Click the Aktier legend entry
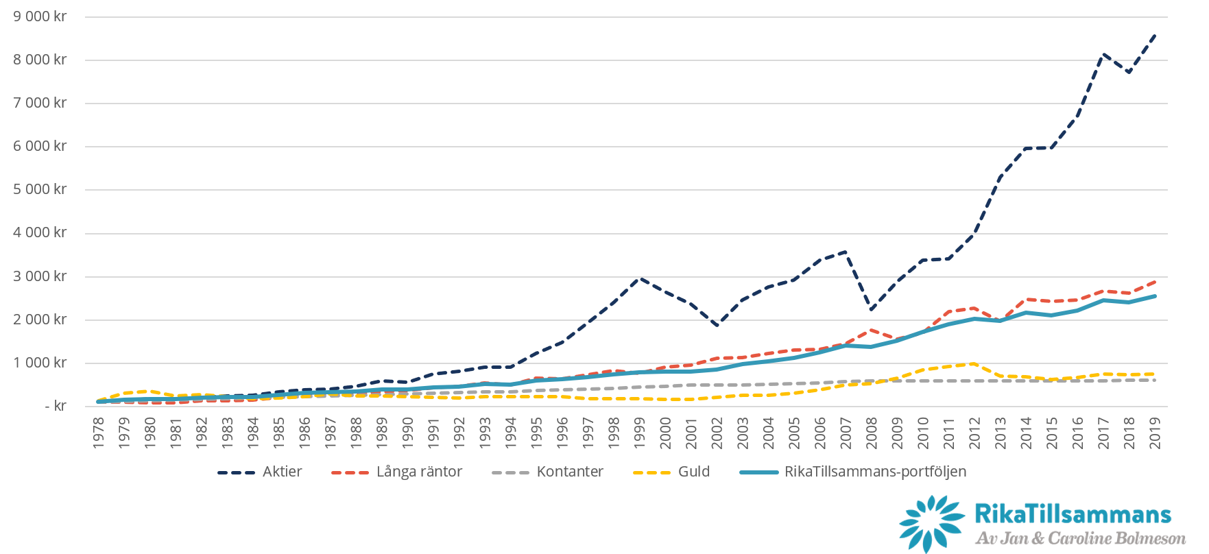[x=282, y=472]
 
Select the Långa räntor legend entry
[x=419, y=472]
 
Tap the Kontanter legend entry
[x=569, y=472]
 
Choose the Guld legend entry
[x=693, y=472]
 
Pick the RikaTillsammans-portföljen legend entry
[x=875, y=472]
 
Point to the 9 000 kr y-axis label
[x=40, y=16]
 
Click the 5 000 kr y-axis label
[x=40, y=189]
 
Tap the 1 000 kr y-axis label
[x=40, y=363]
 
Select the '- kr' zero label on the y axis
[x=55, y=406]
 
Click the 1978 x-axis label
[x=99, y=433]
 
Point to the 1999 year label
[x=640, y=433]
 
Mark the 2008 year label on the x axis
[x=872, y=433]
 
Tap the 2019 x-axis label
[x=1155, y=433]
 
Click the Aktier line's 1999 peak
[x=640, y=278]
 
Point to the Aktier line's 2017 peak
[x=1103, y=54]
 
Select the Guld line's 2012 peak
[x=974, y=363]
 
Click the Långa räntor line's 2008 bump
[x=872, y=330]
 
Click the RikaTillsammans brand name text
[x=1073, y=514]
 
